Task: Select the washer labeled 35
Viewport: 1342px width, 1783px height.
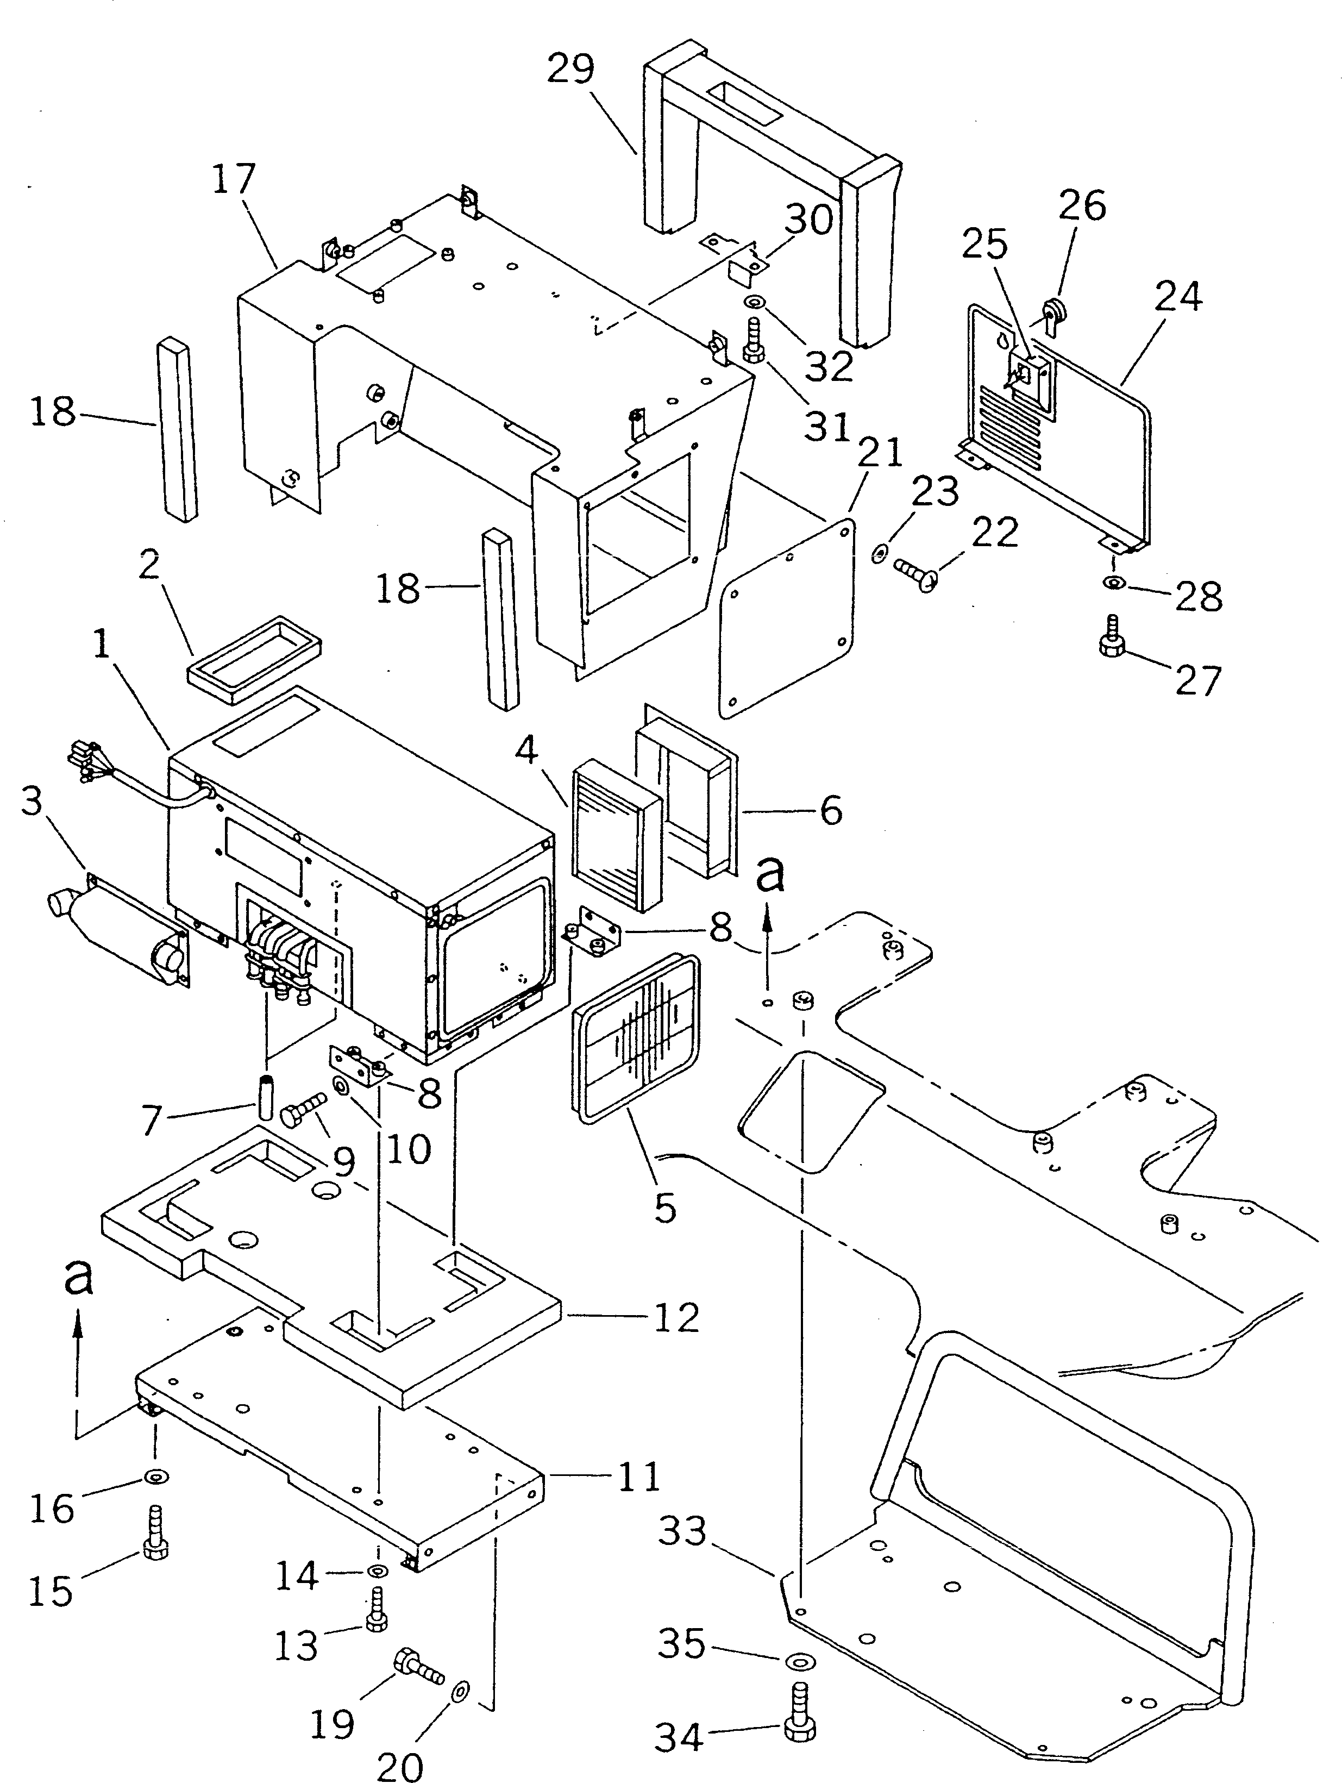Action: [797, 1661]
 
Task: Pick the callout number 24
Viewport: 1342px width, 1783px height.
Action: [1177, 297]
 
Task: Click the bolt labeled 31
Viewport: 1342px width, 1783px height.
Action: [754, 342]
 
